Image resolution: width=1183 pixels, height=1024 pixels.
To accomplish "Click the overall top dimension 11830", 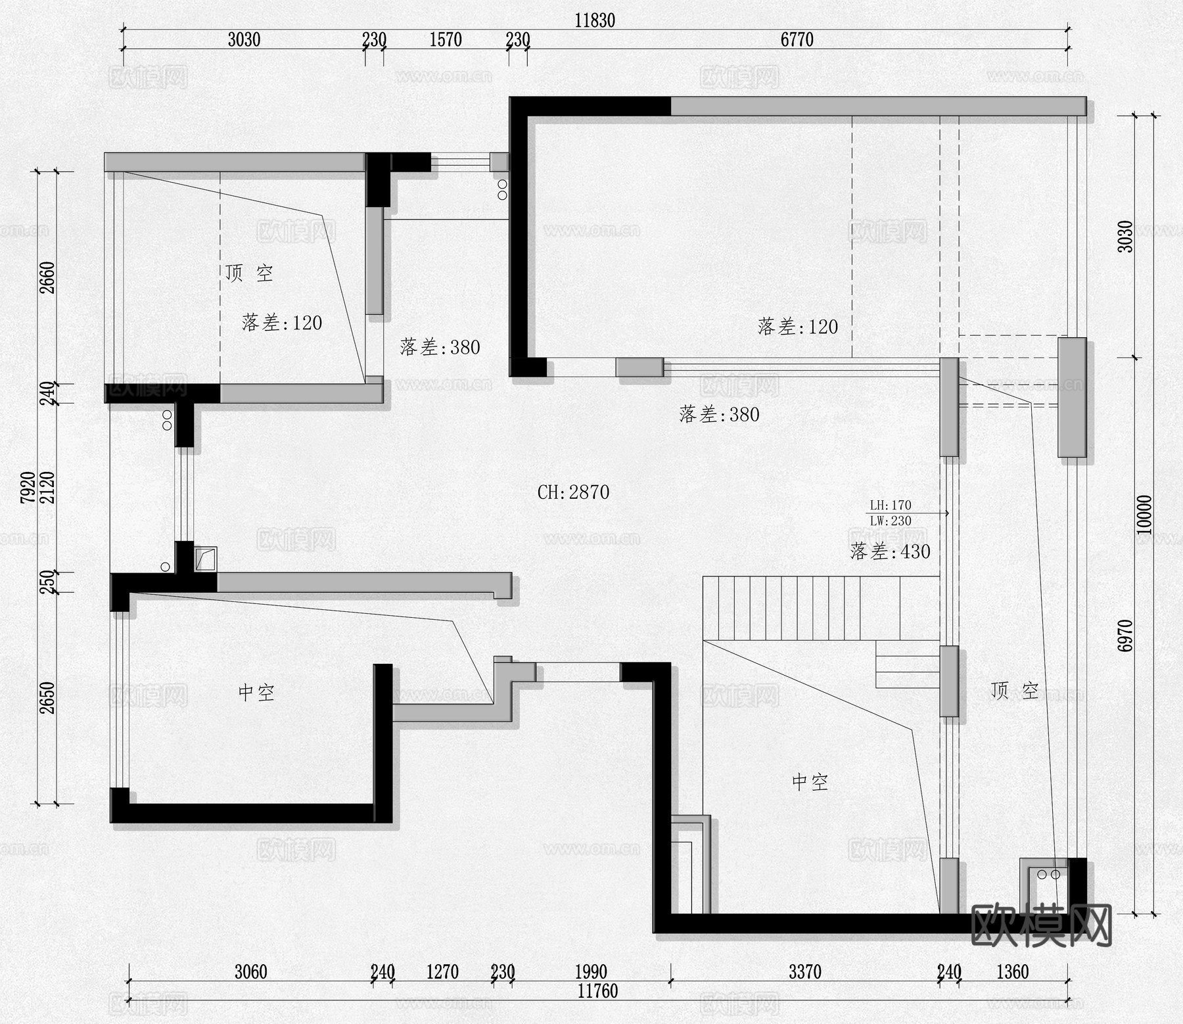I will tap(594, 20).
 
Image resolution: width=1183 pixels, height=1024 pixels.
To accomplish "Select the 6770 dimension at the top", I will tap(797, 40).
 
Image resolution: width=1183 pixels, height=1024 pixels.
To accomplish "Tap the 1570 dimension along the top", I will tap(445, 40).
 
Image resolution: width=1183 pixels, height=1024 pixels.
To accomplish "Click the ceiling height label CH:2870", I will tap(573, 492).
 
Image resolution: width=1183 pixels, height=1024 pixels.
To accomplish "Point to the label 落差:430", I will tap(890, 551).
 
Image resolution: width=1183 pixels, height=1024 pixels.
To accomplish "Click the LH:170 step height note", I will tap(890, 505).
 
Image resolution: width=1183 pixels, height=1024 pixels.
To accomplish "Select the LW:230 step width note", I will tap(890, 521).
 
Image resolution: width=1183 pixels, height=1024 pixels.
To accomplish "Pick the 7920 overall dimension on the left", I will tap(28, 487).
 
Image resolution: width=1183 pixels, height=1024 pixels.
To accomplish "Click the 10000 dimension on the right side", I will tap(1144, 515).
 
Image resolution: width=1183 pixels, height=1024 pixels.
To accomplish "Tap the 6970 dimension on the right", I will tap(1125, 636).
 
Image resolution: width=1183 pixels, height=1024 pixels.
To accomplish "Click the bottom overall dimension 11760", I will tap(597, 991).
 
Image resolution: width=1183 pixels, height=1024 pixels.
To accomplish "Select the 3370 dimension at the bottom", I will tap(804, 972).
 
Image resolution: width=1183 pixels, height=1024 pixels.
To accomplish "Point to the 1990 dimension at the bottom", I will tap(590, 972).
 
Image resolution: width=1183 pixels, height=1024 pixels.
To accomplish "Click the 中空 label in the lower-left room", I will tap(256, 692).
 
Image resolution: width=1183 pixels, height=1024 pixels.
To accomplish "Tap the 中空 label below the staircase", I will tap(810, 781).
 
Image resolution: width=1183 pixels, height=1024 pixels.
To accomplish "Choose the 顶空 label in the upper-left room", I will tap(248, 273).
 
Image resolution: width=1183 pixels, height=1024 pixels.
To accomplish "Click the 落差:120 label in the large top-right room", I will tap(797, 327).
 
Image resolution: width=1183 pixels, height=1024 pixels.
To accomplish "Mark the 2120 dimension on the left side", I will tap(47, 487).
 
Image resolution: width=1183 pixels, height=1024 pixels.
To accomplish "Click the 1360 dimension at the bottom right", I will tap(1012, 972).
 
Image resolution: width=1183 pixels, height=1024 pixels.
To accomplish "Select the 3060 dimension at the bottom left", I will tap(250, 972).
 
